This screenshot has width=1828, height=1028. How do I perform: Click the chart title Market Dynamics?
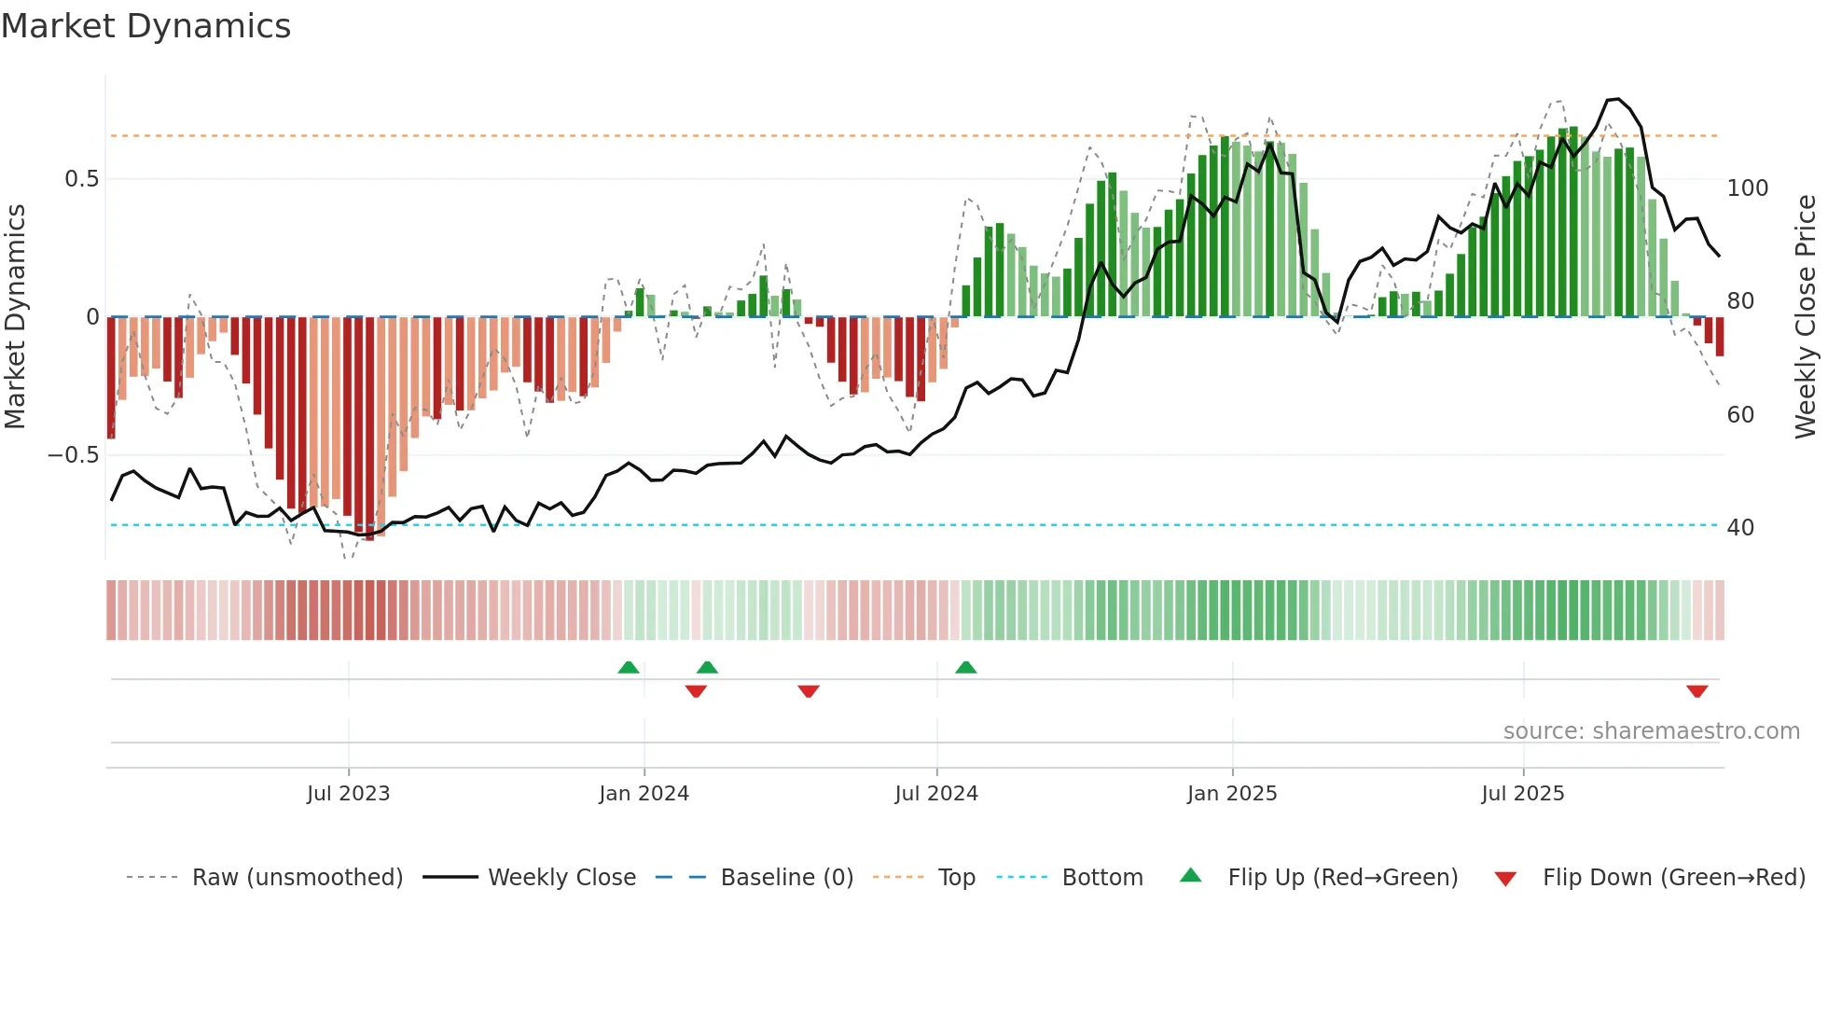coord(146,26)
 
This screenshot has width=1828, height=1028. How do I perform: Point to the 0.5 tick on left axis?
coord(81,179)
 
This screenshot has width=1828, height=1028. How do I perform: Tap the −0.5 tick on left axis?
coord(74,455)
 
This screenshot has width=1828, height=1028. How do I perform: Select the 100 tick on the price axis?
coord(1747,188)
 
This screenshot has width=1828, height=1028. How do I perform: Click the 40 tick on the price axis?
coord(1740,528)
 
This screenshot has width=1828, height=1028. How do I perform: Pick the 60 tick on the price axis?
coord(1740,415)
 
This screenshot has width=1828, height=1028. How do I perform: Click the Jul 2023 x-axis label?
coord(348,794)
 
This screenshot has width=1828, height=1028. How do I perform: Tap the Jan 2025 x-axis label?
coord(1231,794)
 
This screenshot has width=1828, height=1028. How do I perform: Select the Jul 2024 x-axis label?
coord(935,794)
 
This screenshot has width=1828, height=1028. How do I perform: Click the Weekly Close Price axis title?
coord(1806,317)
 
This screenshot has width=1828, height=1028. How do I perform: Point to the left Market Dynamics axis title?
coord(15,317)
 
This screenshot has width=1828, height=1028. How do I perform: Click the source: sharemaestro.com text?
coord(1651,731)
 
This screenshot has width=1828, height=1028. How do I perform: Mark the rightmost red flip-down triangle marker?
coord(1696,691)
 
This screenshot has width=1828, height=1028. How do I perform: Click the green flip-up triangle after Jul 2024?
coord(965,667)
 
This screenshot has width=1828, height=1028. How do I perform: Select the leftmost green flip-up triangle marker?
coord(629,667)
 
